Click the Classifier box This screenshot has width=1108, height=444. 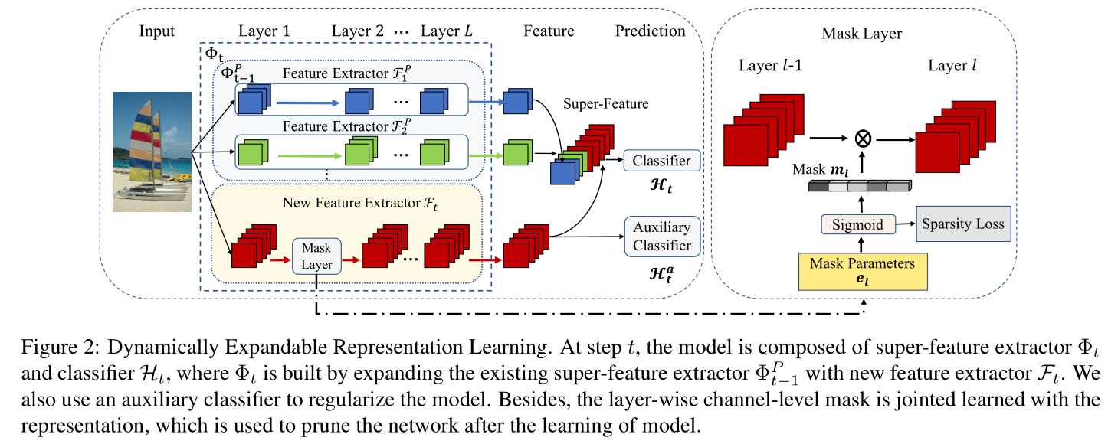[x=662, y=161]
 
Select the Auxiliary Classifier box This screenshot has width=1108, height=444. [x=662, y=237]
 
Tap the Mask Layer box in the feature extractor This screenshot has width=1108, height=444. [x=316, y=256]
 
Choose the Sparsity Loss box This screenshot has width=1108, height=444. [x=962, y=224]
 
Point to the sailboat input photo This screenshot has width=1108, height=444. [x=152, y=151]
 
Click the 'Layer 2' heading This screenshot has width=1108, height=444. [x=358, y=31]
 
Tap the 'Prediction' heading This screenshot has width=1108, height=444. [x=650, y=31]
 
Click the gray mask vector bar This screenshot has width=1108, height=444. [x=858, y=186]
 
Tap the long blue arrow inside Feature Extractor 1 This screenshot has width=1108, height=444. [x=306, y=101]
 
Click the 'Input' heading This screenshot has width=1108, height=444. [x=157, y=31]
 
